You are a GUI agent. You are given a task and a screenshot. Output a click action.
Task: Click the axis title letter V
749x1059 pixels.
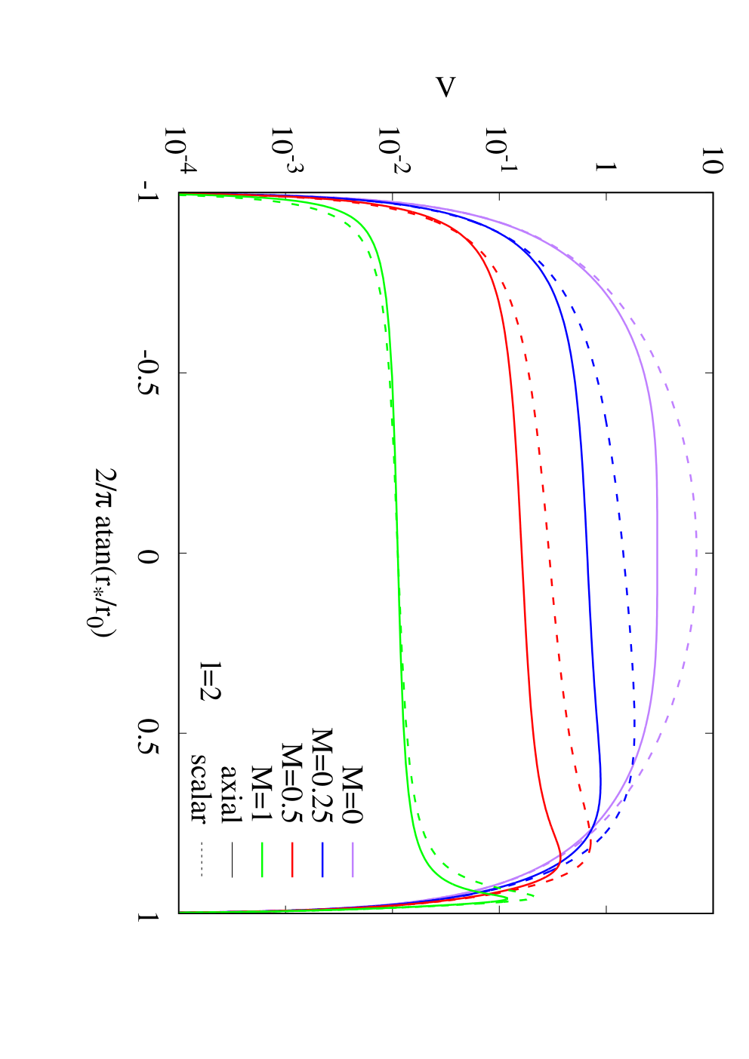point(445,87)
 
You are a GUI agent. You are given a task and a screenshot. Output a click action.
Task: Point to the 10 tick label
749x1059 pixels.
point(711,160)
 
